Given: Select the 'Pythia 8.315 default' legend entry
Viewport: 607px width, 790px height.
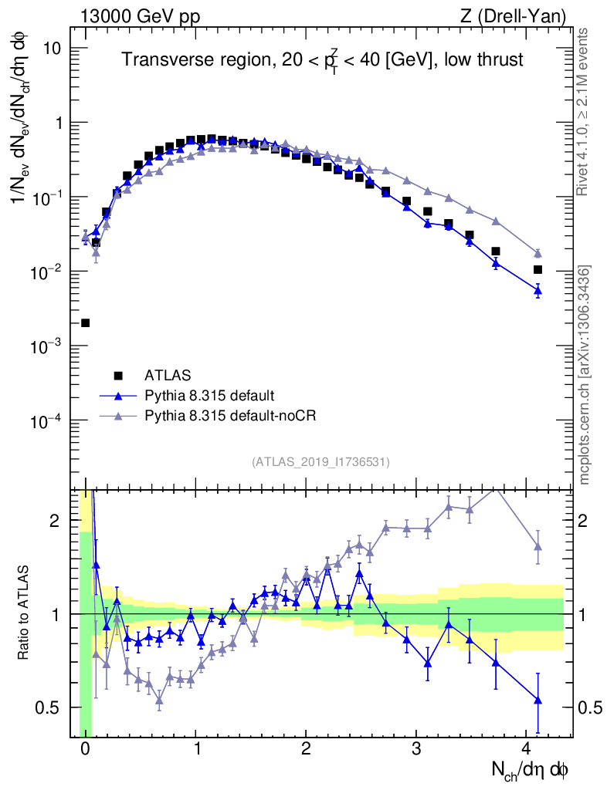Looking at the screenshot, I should click(209, 396).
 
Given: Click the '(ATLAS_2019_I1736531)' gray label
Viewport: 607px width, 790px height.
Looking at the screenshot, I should click(320, 462).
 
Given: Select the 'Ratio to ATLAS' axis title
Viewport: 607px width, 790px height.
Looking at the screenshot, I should click(25, 613).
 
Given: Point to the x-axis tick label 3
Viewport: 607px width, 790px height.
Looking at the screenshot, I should click(416, 748).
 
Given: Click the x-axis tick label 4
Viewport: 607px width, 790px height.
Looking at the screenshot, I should click(527, 748).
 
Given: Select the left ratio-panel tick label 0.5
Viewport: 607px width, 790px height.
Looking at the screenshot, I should click(53, 707).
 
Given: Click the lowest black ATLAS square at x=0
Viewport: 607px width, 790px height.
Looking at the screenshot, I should click(85, 322).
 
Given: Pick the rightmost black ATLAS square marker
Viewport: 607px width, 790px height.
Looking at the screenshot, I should click(537, 269).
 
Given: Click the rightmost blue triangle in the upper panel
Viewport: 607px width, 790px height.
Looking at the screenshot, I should click(537, 290).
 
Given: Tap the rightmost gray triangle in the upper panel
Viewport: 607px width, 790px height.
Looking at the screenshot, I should click(537, 253).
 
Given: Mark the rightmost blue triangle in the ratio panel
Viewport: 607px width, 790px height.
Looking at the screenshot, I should click(537, 701).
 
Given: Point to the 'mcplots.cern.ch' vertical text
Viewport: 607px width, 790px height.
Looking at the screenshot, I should click(585, 374).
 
